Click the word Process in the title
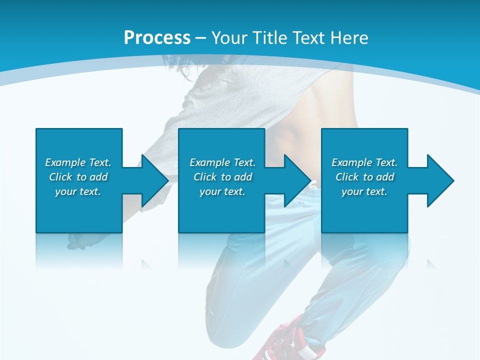157,38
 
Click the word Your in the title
229,38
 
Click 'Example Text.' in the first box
78,162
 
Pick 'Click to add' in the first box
78,177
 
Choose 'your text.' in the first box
78,191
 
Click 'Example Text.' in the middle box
222,162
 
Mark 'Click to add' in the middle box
222,177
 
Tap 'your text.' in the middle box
222,191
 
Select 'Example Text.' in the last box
364,162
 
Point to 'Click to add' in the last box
364,177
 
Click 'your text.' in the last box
364,191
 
